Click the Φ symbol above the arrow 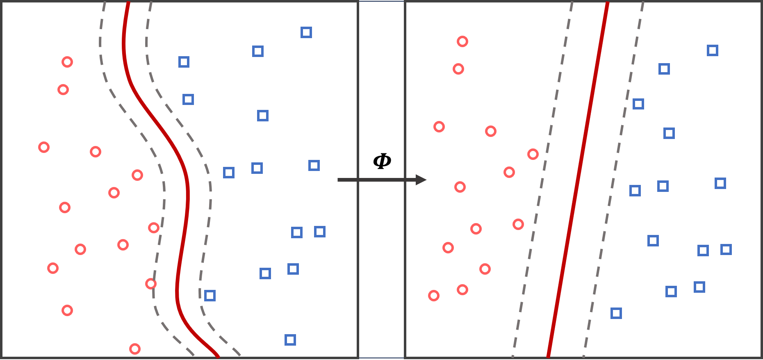(x=382, y=161)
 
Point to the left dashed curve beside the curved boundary (x=164, y=193)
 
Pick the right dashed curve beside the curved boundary (x=210, y=193)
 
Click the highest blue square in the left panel (x=306, y=32)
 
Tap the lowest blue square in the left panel (x=290, y=340)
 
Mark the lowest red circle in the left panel (x=135, y=349)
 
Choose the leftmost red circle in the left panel (x=44, y=147)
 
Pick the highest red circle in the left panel (x=67, y=62)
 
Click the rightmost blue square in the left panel (x=320, y=232)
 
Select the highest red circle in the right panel (x=462, y=41)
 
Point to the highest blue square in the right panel (x=713, y=50)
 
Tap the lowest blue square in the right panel (x=616, y=313)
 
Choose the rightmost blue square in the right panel (x=726, y=249)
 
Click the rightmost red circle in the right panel (x=533, y=154)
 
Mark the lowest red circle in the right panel (x=434, y=296)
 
